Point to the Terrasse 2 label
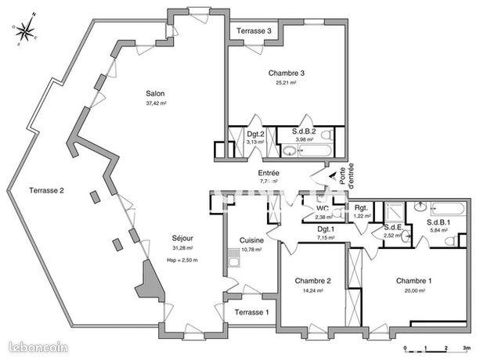[x=46, y=190]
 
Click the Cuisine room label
[x=251, y=240]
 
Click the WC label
[x=321, y=208]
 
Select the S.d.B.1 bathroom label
[x=438, y=223]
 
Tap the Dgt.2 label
[x=255, y=134]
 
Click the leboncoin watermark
[x=38, y=346]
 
